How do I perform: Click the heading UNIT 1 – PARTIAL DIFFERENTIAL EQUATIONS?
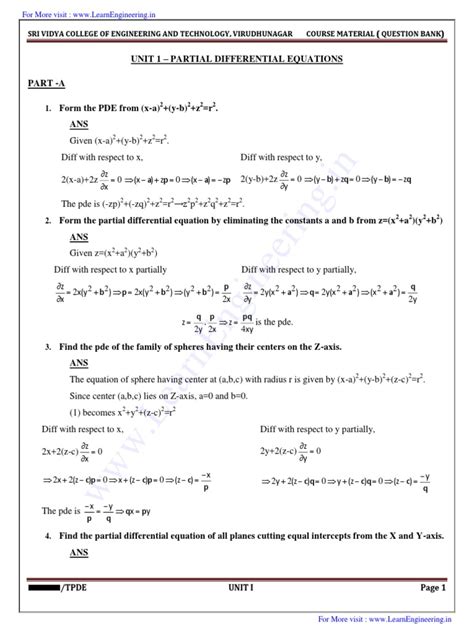pos(236,59)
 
